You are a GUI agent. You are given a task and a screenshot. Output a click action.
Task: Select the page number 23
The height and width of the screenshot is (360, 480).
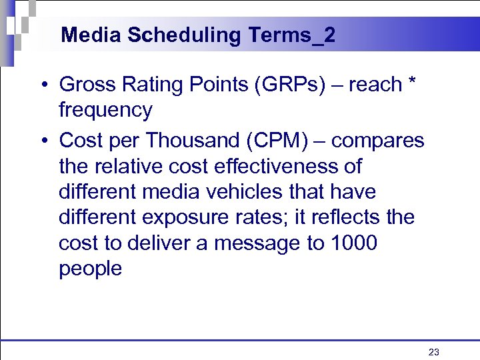pyautogui.click(x=434, y=352)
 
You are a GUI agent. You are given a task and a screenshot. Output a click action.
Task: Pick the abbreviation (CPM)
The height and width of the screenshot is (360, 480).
pyautogui.click(x=271, y=141)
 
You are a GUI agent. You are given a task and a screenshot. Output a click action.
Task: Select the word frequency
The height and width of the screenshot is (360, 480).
pyautogui.click(x=105, y=110)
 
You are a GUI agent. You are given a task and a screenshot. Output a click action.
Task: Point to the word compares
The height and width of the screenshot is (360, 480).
pyautogui.click(x=377, y=141)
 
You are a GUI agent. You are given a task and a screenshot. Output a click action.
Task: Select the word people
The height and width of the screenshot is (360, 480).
pyautogui.click(x=90, y=269)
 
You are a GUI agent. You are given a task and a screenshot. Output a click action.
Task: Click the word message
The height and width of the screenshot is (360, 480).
pyautogui.click(x=247, y=243)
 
